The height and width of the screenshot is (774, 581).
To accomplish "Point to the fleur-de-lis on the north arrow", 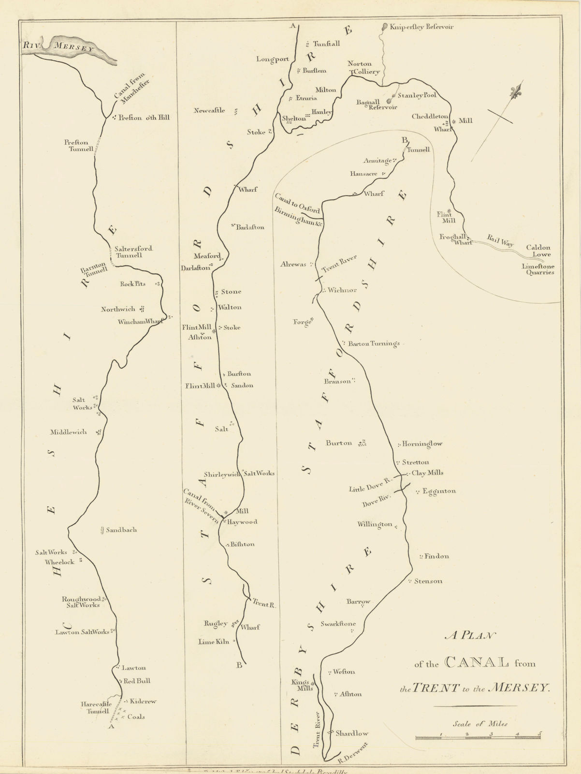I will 517,90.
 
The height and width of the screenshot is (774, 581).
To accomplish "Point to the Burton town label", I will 339,443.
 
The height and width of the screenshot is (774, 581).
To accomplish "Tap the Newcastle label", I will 209,111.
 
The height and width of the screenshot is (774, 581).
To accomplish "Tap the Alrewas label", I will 293,265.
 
